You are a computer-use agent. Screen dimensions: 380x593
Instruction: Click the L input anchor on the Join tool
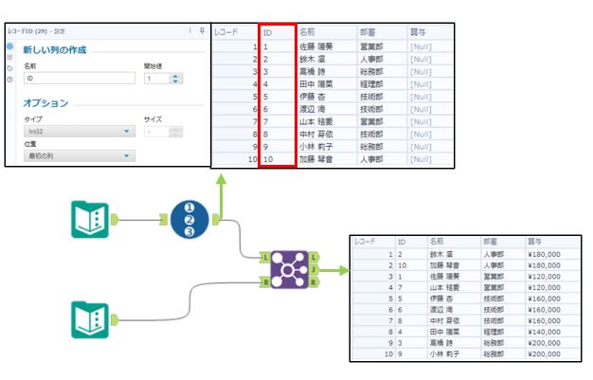266,257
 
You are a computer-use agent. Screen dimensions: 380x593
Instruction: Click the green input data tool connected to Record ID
91,219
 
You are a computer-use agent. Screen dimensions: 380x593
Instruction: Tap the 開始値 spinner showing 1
156,79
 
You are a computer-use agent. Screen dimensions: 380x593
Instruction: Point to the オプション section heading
50,102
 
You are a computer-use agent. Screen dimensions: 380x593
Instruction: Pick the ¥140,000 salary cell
546,333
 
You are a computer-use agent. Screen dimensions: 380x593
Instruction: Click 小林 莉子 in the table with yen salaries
446,355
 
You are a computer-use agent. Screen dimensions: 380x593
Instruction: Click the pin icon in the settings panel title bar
202,31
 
